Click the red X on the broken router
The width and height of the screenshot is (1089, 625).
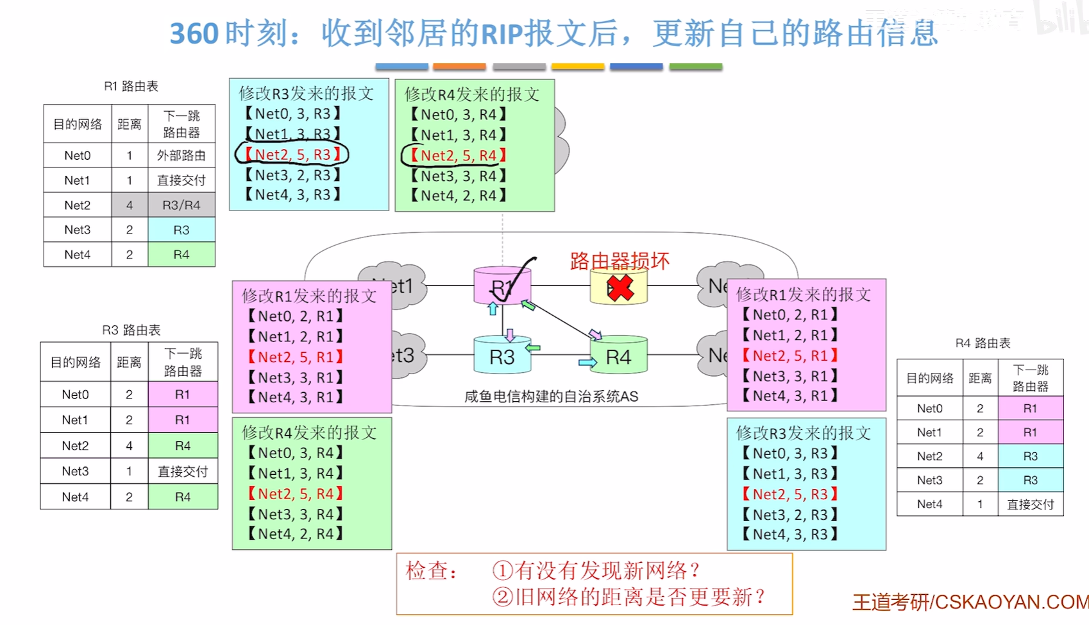click(620, 288)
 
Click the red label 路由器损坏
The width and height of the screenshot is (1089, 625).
click(620, 261)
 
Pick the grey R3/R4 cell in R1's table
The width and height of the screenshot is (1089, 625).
click(181, 205)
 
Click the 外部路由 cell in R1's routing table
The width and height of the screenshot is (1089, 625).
click(181, 155)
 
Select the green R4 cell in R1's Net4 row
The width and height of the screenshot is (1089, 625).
click(181, 255)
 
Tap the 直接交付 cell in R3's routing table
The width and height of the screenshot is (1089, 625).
click(183, 472)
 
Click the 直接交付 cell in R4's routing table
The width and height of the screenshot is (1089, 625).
click(1030, 504)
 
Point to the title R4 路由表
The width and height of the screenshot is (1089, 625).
click(983, 343)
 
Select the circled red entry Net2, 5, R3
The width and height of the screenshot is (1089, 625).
click(292, 155)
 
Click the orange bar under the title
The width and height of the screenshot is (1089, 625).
click(459, 66)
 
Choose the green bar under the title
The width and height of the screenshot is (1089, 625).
click(695, 66)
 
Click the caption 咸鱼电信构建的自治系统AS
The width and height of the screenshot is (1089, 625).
click(551, 397)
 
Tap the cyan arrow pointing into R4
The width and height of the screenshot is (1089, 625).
click(587, 363)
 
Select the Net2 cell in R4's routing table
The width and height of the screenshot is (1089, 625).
click(929, 456)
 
